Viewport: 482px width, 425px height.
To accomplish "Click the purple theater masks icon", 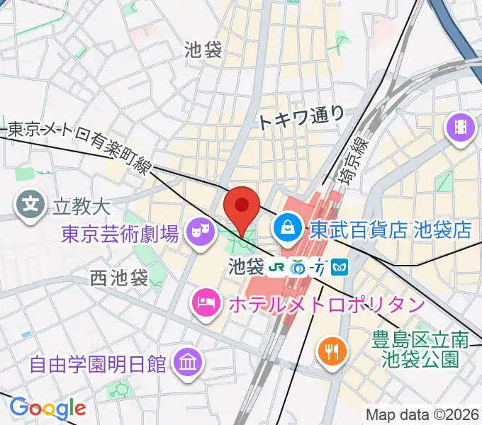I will [x=199, y=232].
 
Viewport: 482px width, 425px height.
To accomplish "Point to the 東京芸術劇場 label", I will [x=120, y=233].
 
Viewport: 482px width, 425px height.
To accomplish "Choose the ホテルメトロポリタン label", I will [x=325, y=305].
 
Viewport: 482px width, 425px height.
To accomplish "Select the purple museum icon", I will [x=188, y=365].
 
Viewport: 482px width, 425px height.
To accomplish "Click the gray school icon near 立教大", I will [x=30, y=206].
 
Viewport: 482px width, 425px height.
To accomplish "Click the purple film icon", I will [x=461, y=128].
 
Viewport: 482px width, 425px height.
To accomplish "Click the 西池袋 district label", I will [x=119, y=278].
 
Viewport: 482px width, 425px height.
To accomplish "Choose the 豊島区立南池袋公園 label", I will [x=420, y=350].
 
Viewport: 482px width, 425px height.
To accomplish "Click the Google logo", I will [x=47, y=408].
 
